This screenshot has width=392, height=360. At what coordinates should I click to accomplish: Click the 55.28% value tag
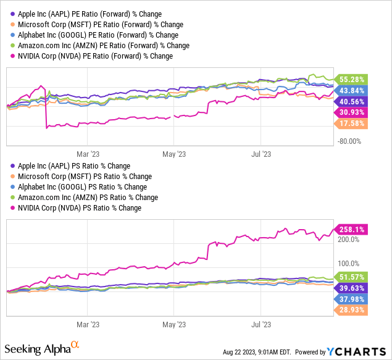point(351,79)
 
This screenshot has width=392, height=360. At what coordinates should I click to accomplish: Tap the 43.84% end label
point(351,90)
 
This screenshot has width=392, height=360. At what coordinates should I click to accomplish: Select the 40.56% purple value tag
point(351,101)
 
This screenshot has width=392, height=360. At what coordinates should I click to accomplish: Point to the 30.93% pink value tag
point(351,112)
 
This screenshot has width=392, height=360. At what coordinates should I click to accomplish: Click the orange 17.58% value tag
point(351,123)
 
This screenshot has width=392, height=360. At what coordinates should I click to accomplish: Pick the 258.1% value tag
point(350,229)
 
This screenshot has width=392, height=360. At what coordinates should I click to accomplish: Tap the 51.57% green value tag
point(351,277)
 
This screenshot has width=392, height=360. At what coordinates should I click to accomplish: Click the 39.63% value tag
point(351,288)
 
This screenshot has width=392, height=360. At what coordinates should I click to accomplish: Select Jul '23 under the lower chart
point(263,324)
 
